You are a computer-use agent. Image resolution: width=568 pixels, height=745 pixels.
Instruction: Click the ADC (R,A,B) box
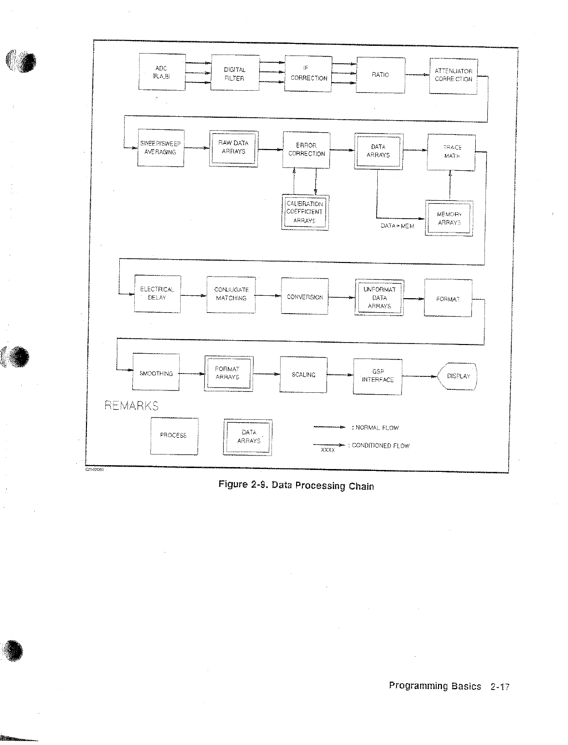(161, 72)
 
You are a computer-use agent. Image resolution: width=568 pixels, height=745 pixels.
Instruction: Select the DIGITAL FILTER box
(234, 74)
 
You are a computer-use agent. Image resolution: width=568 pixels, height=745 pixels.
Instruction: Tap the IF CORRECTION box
(308, 74)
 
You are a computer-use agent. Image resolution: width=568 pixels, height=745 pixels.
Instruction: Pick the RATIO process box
(380, 75)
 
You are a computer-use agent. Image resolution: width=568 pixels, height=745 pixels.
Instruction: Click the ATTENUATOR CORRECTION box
(453, 76)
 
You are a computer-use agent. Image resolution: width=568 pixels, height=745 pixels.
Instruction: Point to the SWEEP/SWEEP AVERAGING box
(160, 148)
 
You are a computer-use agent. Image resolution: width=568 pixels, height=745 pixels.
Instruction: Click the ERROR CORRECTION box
(306, 150)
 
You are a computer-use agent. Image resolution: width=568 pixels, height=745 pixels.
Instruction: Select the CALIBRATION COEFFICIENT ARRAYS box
(305, 212)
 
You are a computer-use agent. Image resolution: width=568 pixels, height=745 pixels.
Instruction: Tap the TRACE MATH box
(451, 152)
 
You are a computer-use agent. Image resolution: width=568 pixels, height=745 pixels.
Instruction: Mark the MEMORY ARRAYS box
(449, 218)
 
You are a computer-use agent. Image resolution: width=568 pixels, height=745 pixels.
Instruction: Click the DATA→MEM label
(397, 226)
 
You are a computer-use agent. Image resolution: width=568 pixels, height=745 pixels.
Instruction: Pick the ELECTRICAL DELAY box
(157, 294)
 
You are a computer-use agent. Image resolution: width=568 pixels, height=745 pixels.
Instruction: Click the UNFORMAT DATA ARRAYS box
(379, 297)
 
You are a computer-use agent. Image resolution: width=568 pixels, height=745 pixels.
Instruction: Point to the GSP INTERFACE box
(377, 376)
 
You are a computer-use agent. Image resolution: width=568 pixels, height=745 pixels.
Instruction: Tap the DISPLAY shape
(457, 376)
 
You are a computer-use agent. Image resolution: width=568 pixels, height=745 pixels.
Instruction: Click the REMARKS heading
(131, 406)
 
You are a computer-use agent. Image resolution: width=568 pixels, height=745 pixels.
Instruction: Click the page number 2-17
(499, 687)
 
